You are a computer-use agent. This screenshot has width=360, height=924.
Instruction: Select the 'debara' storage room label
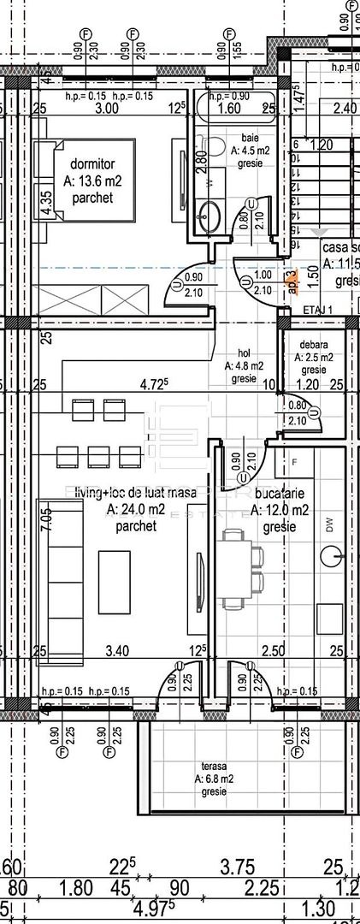pyautogui.click(x=313, y=344)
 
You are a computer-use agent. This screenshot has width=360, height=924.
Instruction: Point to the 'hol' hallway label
pyautogui.click(x=245, y=352)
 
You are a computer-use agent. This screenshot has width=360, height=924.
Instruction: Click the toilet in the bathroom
pyautogui.click(x=215, y=145)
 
